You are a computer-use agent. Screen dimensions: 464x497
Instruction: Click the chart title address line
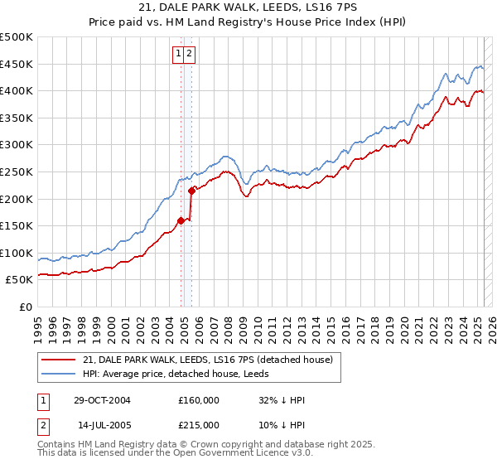click(x=248, y=8)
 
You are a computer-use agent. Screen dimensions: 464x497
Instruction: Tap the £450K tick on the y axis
click(x=17, y=64)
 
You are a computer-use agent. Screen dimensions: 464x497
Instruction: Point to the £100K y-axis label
click(x=17, y=253)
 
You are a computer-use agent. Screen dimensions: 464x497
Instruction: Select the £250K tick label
click(x=17, y=172)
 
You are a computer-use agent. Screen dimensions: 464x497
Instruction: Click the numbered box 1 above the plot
click(x=178, y=54)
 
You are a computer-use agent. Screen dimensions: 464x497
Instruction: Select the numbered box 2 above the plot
click(x=190, y=54)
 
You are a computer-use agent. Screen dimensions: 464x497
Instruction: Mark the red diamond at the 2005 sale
click(x=191, y=191)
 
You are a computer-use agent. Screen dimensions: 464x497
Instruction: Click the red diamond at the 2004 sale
click(x=181, y=220)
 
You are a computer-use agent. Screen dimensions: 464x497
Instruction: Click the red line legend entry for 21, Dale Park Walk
click(x=207, y=360)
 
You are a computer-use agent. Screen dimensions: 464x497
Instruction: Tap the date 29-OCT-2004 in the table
click(x=102, y=400)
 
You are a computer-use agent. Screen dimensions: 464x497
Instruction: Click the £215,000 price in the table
click(x=199, y=425)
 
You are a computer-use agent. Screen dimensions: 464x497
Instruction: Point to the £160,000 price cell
click(x=199, y=400)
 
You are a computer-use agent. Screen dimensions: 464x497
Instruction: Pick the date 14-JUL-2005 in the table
click(x=102, y=425)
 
